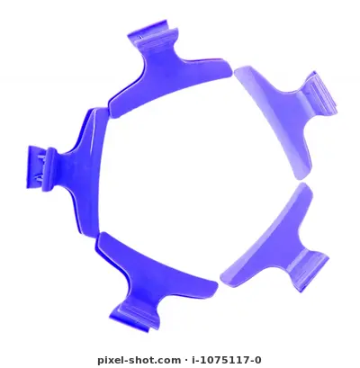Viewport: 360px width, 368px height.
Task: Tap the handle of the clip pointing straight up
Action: (x=152, y=36)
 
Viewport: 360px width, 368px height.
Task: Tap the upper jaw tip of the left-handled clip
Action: (x=98, y=110)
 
